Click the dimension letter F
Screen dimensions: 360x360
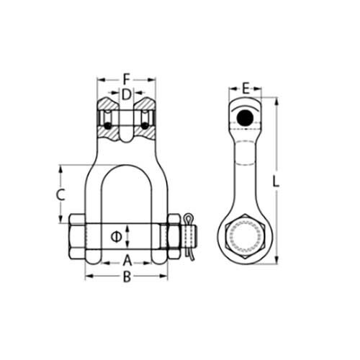tap(126, 78)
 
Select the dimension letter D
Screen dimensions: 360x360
tap(126, 94)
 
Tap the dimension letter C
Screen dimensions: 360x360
tap(61, 194)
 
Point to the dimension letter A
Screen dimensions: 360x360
tap(127, 260)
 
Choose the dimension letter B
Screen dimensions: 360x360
tap(127, 277)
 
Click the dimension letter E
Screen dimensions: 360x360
tap(246, 89)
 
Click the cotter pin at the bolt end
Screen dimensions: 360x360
tap(189, 234)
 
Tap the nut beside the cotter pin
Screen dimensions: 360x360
tap(174, 235)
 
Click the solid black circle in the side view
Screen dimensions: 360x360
tap(246, 117)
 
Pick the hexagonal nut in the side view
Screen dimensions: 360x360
tap(246, 236)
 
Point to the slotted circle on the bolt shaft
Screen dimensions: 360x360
tap(116, 235)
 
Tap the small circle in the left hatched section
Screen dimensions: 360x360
tap(107, 126)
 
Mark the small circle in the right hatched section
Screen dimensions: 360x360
tap(145, 126)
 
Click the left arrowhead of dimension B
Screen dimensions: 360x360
tap(88, 277)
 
